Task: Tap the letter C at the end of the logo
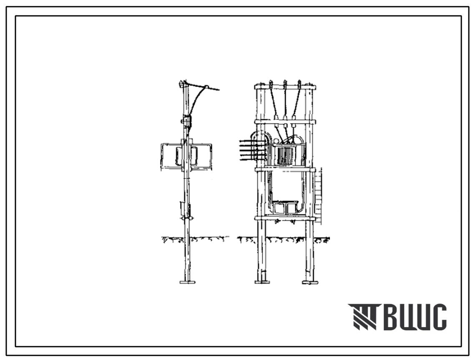click(x=438, y=317)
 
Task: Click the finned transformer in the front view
click(x=285, y=155)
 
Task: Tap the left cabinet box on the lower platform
click(x=279, y=208)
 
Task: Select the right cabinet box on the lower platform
click(x=292, y=208)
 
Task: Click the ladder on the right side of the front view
click(x=318, y=196)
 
